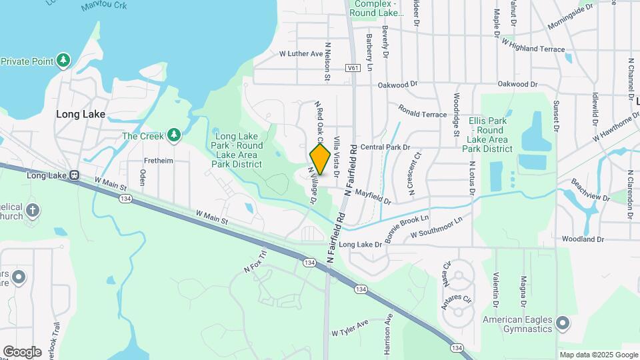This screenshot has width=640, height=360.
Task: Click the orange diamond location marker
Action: click(x=320, y=159)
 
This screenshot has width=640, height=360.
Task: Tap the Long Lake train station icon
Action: click(x=74, y=176)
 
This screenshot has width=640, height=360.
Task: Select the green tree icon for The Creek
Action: click(x=174, y=136)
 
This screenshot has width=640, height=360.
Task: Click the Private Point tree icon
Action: click(x=63, y=61)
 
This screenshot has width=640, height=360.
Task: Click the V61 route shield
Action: click(x=353, y=67)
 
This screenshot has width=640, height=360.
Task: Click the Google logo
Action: click(x=22, y=352)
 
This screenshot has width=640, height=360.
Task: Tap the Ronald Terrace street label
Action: click(x=423, y=111)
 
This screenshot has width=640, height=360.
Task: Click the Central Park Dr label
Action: click(x=385, y=147)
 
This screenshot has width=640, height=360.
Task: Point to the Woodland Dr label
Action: click(x=582, y=239)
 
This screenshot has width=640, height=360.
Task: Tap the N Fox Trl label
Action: click(x=256, y=262)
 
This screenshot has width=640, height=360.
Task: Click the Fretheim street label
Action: click(x=159, y=161)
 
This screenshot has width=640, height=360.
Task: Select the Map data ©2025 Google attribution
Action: click(x=598, y=355)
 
